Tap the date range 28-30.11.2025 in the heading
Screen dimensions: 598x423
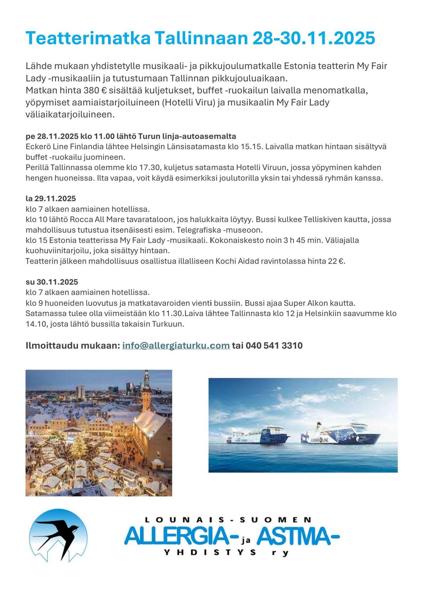pos(314,38)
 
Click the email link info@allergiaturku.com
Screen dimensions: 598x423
pos(176,345)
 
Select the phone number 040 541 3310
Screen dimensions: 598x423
pos(274,345)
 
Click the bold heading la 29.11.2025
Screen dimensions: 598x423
pos(50,198)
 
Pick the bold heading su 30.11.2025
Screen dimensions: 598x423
pos(51,282)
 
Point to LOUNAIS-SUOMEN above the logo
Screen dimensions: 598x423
pos(228,520)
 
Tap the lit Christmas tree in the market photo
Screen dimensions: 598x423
pos(76,447)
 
